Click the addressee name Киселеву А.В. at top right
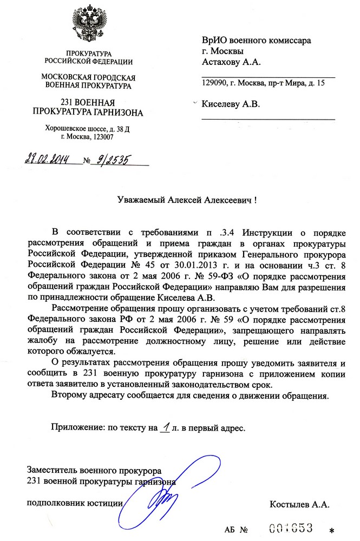point(231,104)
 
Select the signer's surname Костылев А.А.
point(299,505)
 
